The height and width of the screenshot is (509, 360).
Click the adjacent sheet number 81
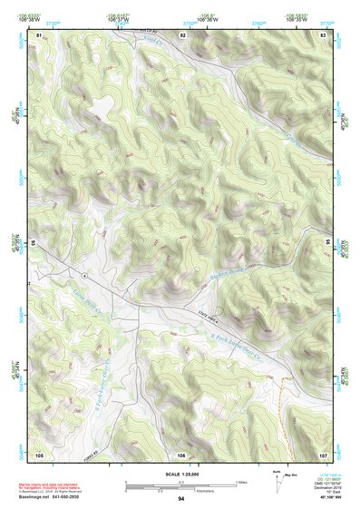pos(39,34)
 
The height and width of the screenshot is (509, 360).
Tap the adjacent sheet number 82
pos(182,34)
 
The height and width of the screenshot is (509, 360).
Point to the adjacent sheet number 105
pos(39,454)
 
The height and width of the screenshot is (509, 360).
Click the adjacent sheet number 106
pos(182,454)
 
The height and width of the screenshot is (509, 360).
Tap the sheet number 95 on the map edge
pos(327,243)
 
